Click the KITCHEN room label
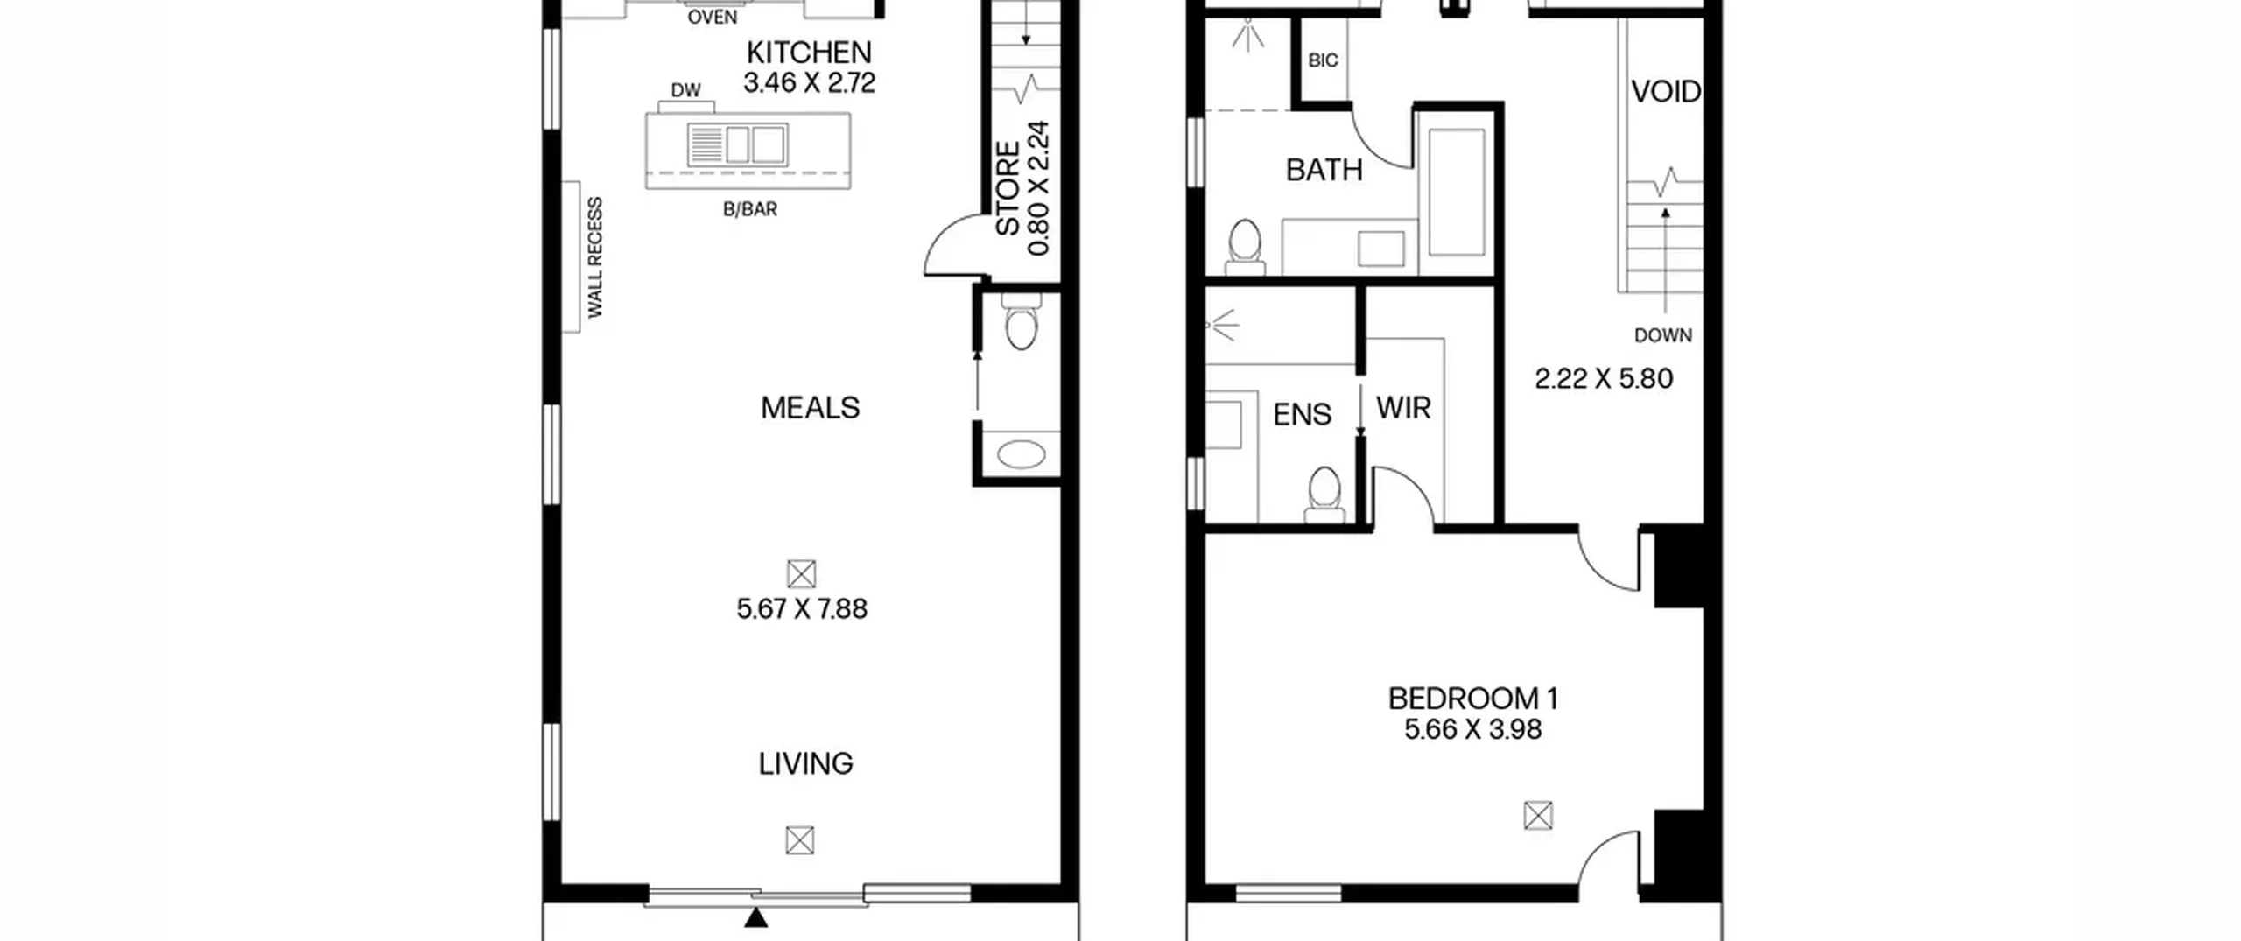(x=809, y=53)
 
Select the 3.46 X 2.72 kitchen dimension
(x=809, y=82)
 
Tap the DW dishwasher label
(x=685, y=90)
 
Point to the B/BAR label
(x=750, y=209)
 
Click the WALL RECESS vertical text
(x=595, y=257)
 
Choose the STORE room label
(x=1008, y=188)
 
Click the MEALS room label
(x=810, y=407)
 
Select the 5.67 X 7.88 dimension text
(x=802, y=608)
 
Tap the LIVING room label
(x=805, y=763)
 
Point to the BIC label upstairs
(x=1323, y=60)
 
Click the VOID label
(x=1666, y=91)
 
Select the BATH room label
(x=1324, y=169)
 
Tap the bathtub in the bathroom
(x=1457, y=193)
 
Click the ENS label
(x=1302, y=414)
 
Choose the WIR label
(x=1403, y=407)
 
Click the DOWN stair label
(x=1663, y=335)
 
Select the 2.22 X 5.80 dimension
(x=1604, y=378)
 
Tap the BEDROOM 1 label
(x=1473, y=699)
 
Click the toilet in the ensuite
(x=1324, y=495)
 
